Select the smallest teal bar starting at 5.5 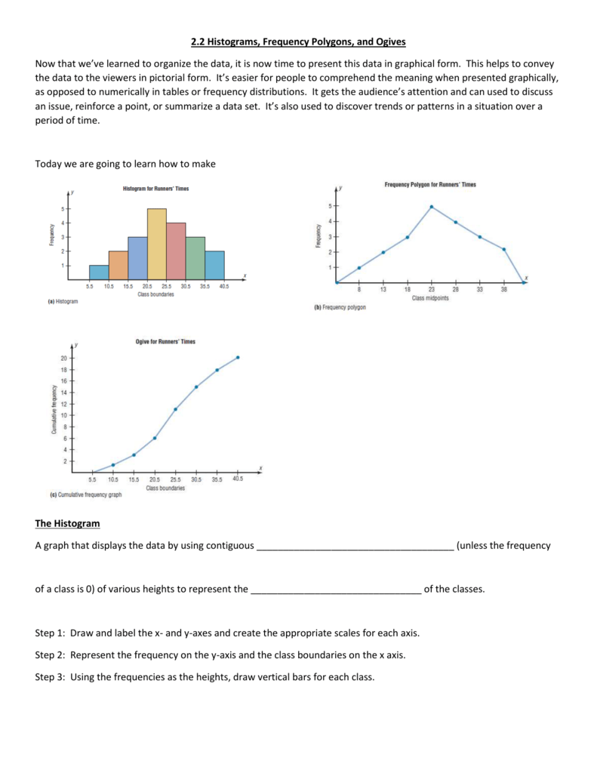(99, 272)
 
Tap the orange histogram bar (118, 264)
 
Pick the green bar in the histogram (195, 257)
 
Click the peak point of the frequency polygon (432, 206)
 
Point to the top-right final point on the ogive (238, 357)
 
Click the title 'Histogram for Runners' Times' (155, 189)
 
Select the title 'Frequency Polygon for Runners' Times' (430, 184)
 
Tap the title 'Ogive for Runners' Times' (165, 342)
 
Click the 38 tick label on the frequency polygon (503, 291)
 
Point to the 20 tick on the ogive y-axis (63, 358)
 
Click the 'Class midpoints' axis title (430, 299)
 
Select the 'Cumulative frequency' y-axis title (54, 410)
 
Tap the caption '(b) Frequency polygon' (340, 308)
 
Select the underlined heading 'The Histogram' (67, 523)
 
